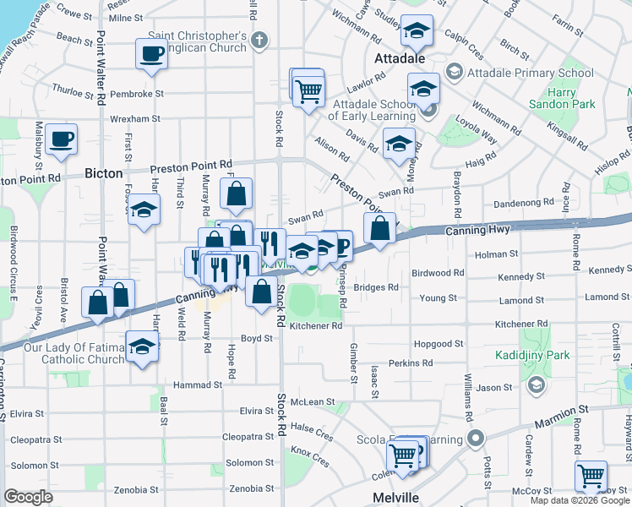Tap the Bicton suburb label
click(104, 173)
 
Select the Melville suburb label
click(396, 497)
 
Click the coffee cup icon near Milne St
click(152, 54)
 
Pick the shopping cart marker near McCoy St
click(591, 475)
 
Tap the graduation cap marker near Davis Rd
click(399, 144)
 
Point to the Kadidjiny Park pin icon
click(534, 385)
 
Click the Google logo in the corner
click(28, 497)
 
